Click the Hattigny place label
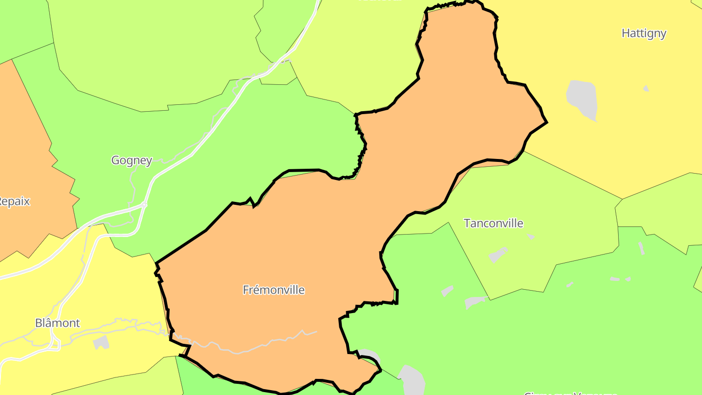644,33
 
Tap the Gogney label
132,160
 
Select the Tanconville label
493,223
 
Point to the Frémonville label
273,290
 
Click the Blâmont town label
58,323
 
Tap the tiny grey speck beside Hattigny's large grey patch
646,89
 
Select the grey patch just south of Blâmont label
101,342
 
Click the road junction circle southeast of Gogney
144,205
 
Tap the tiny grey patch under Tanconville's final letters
530,237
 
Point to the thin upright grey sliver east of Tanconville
642,248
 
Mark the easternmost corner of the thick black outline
547,122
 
